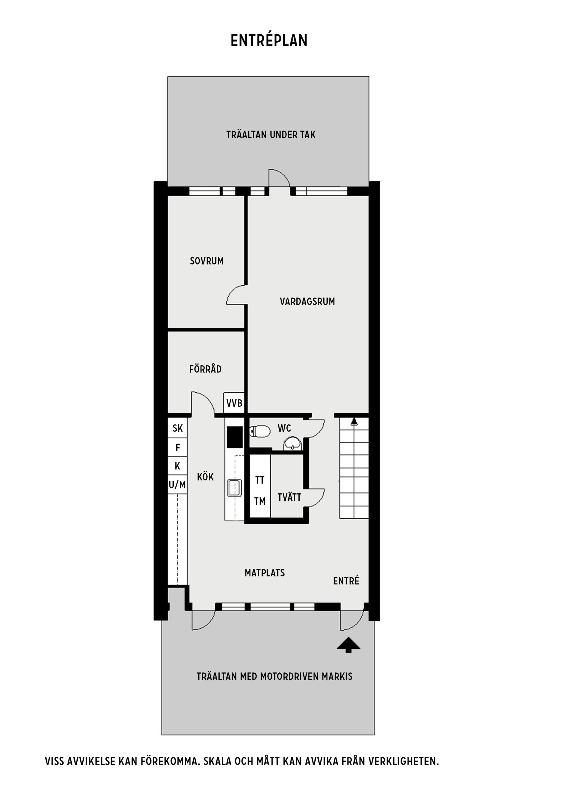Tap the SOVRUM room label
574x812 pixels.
(x=207, y=261)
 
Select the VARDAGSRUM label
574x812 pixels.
(x=307, y=301)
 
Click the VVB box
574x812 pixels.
(x=234, y=403)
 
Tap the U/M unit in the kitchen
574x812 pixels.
(x=177, y=485)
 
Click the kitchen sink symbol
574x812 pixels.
(x=235, y=488)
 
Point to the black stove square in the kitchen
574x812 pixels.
(x=235, y=437)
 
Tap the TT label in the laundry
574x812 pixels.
(x=260, y=480)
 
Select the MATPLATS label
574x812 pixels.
(x=265, y=573)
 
